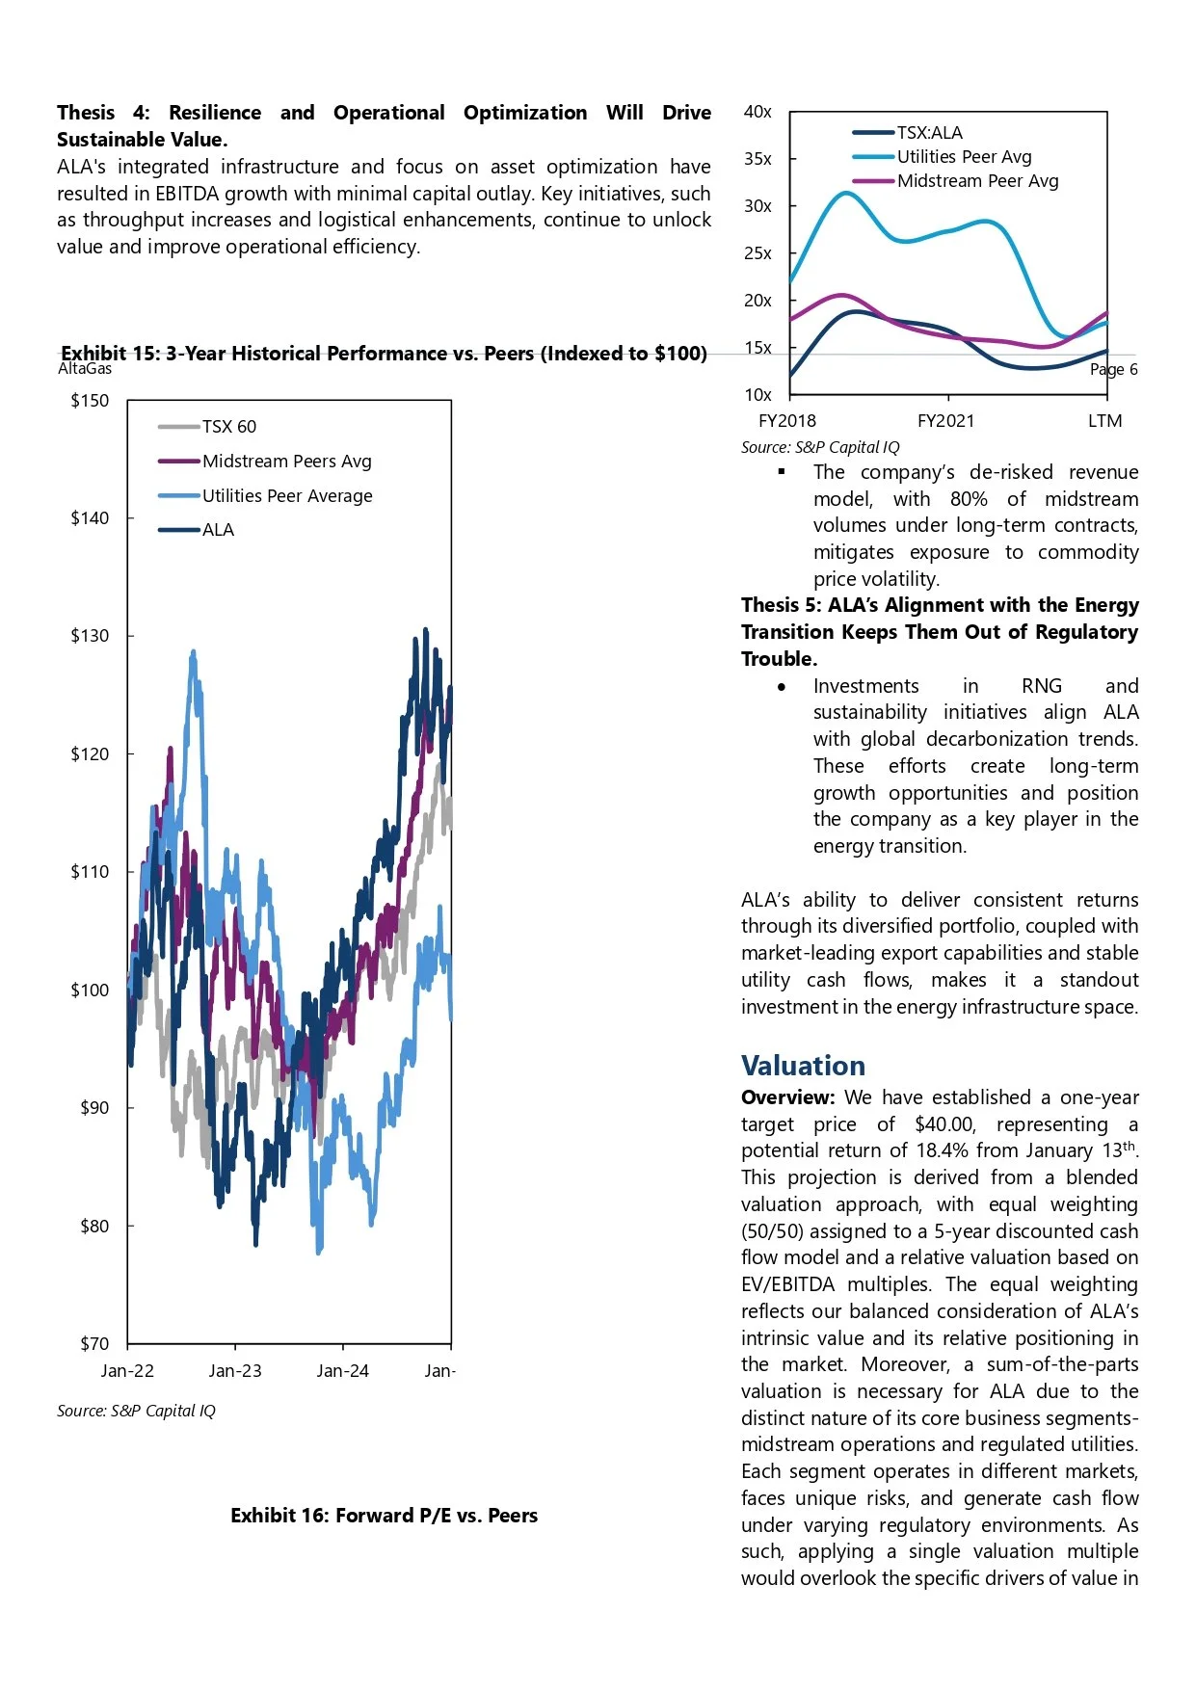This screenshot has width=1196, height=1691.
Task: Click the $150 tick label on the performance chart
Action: pyautogui.click(x=90, y=401)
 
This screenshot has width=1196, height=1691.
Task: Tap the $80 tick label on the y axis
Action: pyautogui.click(x=94, y=1227)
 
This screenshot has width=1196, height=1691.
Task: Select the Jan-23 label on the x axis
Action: pyautogui.click(x=235, y=1371)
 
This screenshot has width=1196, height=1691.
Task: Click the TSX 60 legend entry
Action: pyautogui.click(x=228, y=427)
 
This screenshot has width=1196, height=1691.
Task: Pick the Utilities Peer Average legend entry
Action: pyautogui.click(x=286, y=496)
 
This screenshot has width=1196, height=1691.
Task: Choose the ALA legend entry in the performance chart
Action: pyautogui.click(x=218, y=530)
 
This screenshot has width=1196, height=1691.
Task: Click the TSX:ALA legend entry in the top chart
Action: pyautogui.click(x=929, y=133)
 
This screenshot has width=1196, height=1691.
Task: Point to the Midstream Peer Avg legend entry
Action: pyautogui.click(x=977, y=181)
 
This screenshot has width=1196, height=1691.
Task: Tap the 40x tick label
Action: pyautogui.click(x=757, y=112)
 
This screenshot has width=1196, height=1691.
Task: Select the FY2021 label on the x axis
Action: pyautogui.click(x=945, y=421)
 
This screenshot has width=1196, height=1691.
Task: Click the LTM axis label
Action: pyautogui.click(x=1104, y=421)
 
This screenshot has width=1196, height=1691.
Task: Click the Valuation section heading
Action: pyautogui.click(x=803, y=1066)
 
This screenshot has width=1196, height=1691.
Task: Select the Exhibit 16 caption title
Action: pyautogui.click(x=384, y=1516)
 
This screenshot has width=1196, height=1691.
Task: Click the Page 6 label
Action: pyautogui.click(x=1113, y=370)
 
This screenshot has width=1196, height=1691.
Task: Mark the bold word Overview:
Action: pyautogui.click(x=787, y=1097)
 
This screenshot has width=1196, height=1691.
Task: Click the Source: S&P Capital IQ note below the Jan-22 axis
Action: pyautogui.click(x=136, y=1411)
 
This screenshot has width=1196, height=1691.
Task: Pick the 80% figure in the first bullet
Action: pyautogui.click(x=969, y=499)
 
